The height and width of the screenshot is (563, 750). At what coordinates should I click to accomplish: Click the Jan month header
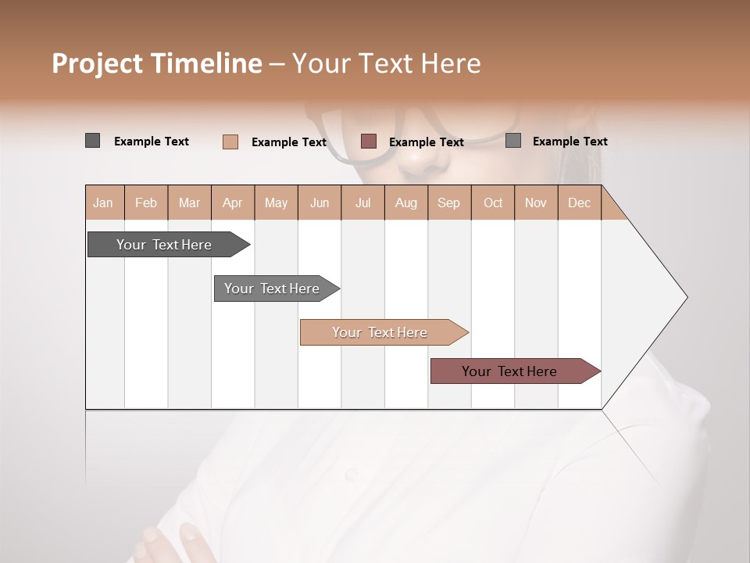tap(103, 203)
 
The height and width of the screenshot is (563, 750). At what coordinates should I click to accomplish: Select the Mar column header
tap(189, 203)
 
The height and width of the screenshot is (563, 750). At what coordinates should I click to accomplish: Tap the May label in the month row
tap(276, 203)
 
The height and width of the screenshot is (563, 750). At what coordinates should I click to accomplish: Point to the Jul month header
tap(362, 203)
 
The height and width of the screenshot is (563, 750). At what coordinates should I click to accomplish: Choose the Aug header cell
tap(405, 203)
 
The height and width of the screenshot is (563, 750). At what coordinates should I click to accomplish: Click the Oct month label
tap(493, 203)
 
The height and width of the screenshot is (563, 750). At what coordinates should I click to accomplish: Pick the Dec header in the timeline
tap(579, 203)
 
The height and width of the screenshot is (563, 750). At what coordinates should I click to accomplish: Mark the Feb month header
tap(146, 203)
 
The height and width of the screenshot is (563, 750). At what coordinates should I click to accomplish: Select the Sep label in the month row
tap(448, 203)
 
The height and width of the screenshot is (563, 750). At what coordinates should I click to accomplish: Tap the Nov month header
tap(535, 203)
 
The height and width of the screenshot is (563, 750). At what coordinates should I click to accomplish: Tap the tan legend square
tap(230, 142)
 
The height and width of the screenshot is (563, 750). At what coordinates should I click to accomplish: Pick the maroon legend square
tap(369, 142)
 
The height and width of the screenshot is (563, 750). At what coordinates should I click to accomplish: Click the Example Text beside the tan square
tap(288, 142)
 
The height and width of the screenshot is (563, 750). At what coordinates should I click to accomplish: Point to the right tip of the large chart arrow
tap(686, 297)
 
